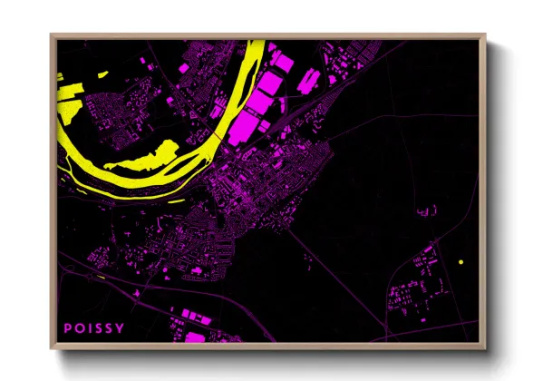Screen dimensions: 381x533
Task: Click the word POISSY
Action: pyautogui.click(x=94, y=327)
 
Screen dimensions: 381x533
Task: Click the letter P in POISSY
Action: pyautogui.click(x=67, y=327)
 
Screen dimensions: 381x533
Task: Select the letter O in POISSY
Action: pyautogui.click(x=79, y=327)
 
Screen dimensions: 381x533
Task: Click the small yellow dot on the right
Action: pyautogui.click(x=461, y=262)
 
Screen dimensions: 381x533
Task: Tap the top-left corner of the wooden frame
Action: pyautogui.click(x=52, y=35)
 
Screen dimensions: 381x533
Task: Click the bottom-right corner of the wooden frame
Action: pyautogui.click(x=481, y=348)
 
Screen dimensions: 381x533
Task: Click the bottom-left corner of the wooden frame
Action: pyautogui.click(x=52, y=348)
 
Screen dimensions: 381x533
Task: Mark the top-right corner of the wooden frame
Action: pyautogui.click(x=481, y=35)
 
